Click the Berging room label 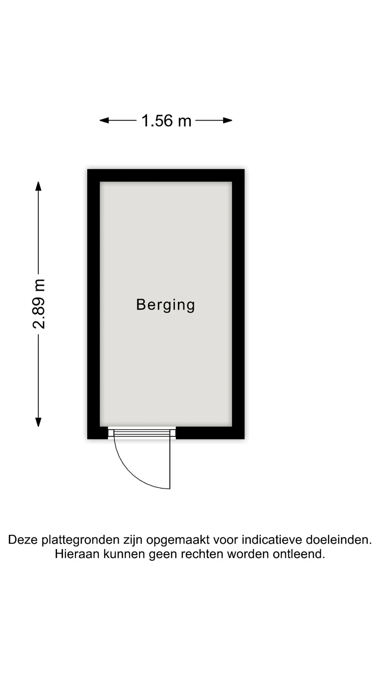(165, 305)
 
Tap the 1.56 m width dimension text (166, 121)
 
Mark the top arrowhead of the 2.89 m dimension (38, 186)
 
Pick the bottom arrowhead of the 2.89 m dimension (38, 422)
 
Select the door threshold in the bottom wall (142, 433)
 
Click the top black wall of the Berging (166, 175)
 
